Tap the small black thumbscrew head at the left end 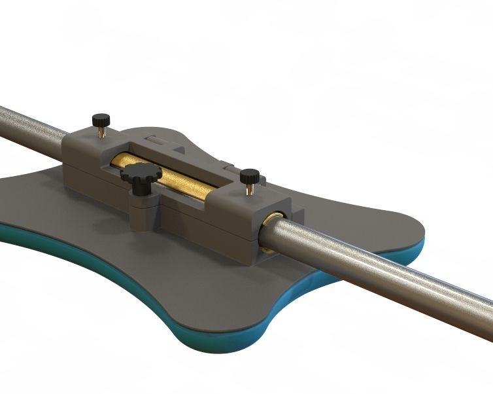click(100, 120)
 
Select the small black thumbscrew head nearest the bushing click(250, 176)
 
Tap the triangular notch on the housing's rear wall click(178, 149)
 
